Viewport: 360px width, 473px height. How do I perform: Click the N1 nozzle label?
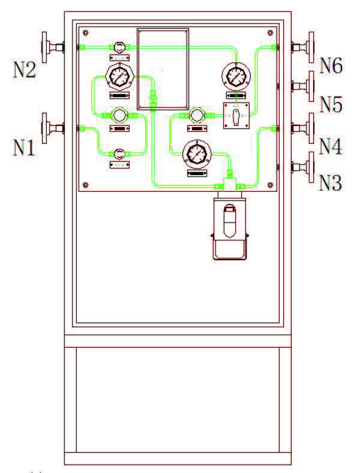click(x=25, y=146)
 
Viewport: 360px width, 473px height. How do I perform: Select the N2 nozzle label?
click(x=25, y=70)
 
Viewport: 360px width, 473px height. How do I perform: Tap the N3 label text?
click(x=330, y=182)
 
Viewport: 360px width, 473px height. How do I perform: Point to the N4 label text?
click(x=330, y=146)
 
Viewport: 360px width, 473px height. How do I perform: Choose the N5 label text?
click(x=330, y=104)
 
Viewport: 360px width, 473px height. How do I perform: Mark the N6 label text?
click(x=331, y=65)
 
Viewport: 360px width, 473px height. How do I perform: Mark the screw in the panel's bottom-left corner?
click(x=86, y=184)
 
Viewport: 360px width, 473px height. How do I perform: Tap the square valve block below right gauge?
click(x=235, y=115)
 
